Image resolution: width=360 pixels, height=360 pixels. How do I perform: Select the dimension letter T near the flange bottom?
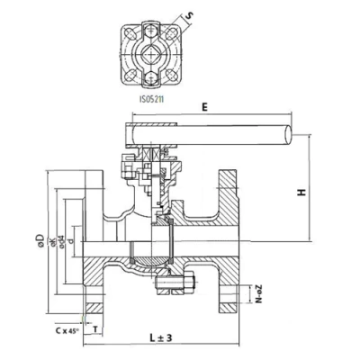(97, 331)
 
